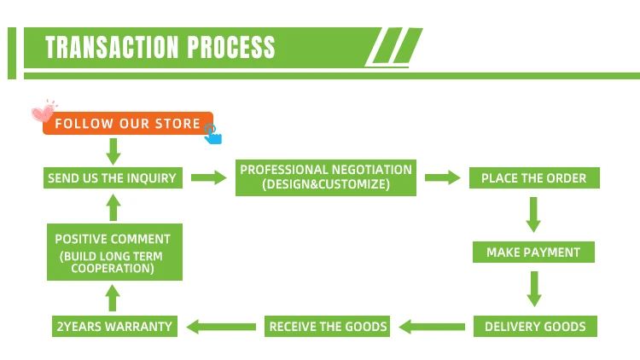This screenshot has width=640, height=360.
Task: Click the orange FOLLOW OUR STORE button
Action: point(127,124)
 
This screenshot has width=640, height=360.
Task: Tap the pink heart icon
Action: point(42,113)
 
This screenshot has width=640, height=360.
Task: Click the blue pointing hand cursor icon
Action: point(212,133)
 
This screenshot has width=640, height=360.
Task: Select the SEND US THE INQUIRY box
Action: point(113,178)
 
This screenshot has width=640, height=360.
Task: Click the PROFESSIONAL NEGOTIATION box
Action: point(325,178)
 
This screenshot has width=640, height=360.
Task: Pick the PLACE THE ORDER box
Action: point(534,178)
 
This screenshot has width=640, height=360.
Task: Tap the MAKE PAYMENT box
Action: point(533,253)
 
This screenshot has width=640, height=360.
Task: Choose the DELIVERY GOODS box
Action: point(535,326)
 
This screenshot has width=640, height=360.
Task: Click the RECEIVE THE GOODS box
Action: point(329,326)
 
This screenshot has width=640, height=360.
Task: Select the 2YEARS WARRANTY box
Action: point(114,326)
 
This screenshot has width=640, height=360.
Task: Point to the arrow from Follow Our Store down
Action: point(113,151)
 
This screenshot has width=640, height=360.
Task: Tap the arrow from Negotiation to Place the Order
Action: point(442,178)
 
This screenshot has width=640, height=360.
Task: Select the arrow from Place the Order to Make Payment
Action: point(534,215)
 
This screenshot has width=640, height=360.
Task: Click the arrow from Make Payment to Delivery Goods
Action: point(534,288)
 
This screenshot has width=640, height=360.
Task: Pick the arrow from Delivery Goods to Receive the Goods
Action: point(432,326)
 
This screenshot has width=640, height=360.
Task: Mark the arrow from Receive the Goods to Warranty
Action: point(222,326)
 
